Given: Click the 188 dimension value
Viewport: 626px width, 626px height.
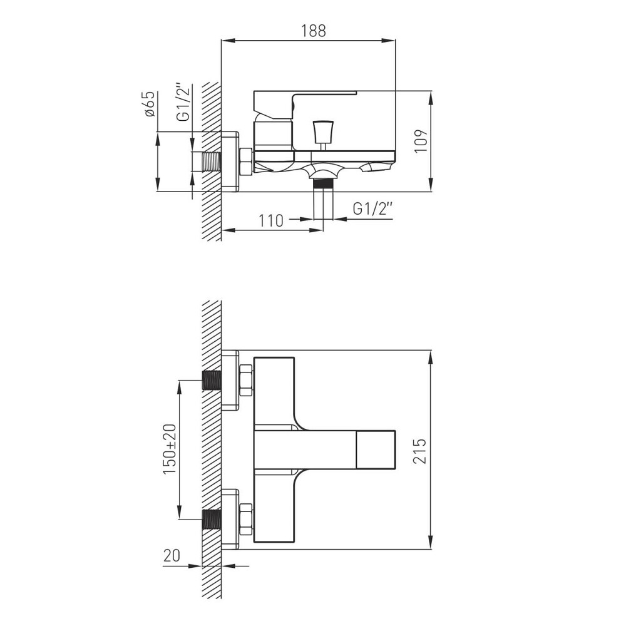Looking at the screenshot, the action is click(x=314, y=31).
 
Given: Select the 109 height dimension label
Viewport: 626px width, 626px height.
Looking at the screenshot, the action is click(x=421, y=140).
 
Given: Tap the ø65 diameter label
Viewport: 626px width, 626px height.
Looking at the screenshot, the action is click(x=149, y=104).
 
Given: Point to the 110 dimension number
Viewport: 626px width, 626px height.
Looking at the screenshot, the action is click(x=271, y=220).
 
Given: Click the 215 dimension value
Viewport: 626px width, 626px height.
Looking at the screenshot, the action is click(x=419, y=451).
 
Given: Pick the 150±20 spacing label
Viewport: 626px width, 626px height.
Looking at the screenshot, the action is click(x=170, y=449).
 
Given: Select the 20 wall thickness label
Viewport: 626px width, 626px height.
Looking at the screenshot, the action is click(x=172, y=555).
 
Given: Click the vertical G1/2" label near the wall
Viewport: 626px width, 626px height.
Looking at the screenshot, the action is click(x=183, y=103).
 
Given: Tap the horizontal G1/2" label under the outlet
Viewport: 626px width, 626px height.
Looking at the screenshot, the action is click(x=372, y=208).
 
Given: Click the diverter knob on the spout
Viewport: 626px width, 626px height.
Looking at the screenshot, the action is click(x=323, y=131).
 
